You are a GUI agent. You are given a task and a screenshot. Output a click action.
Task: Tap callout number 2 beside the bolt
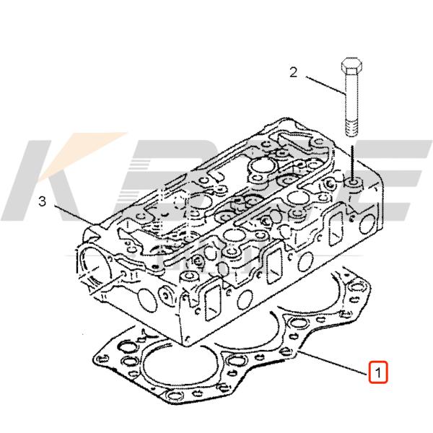pos(294,71)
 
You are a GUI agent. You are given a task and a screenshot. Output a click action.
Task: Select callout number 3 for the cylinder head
pos(42,202)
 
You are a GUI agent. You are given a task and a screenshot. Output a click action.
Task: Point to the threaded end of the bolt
pos(351,128)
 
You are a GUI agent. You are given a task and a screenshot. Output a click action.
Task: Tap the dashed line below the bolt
pos(351,157)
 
